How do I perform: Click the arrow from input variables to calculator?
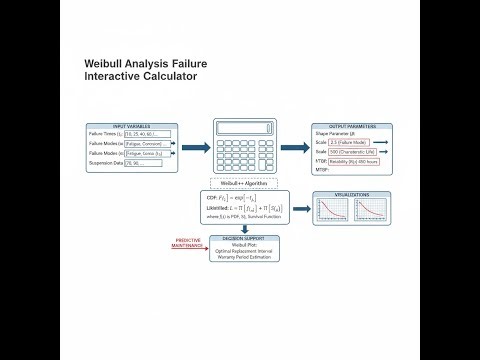[x=194, y=147]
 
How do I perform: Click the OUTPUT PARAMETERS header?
[x=351, y=127]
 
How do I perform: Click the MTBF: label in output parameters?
[x=322, y=170]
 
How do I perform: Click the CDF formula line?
[x=246, y=200]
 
